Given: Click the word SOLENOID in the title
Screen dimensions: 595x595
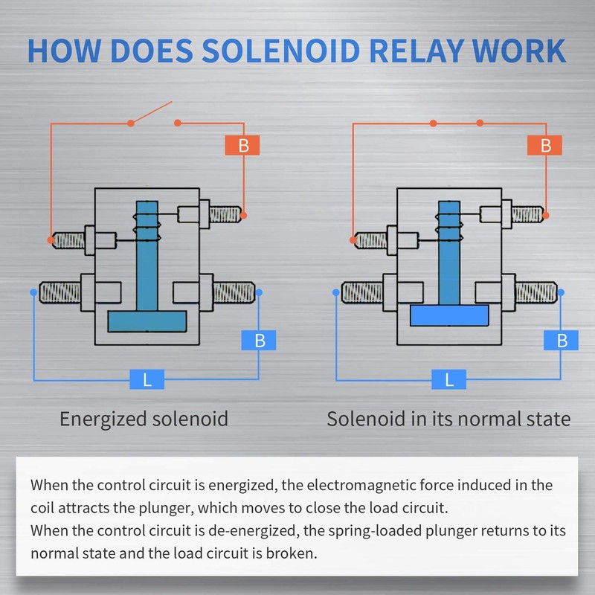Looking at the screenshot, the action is pos(281,51).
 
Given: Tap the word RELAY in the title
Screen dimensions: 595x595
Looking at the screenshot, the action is pos(416,51).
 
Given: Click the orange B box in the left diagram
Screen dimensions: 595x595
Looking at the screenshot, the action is pos(242,145).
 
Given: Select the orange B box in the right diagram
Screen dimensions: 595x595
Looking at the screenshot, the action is pos(544,145).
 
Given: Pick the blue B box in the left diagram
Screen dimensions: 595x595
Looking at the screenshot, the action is pos(259,341).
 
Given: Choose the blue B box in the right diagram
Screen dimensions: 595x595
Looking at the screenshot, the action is pos(561,341).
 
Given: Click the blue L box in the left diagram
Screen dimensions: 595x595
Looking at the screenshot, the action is pos(147,379).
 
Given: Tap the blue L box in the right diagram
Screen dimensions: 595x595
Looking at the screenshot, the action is pos(449,379).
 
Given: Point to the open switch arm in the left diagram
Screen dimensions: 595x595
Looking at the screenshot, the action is pos(152,112).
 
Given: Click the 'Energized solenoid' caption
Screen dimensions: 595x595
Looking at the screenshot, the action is pos(144,419).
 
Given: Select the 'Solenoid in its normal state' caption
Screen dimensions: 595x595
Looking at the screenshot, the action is pos(448,419).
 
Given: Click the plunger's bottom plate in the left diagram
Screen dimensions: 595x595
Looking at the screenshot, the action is pos(147,321).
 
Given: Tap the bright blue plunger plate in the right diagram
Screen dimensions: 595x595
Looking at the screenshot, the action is pos(449,315).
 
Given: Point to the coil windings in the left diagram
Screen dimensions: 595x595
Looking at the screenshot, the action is pos(147,228).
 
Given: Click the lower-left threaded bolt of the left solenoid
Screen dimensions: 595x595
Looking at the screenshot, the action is pos(60,292).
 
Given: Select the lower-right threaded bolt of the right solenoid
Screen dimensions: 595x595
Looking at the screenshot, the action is pos(535,292).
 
